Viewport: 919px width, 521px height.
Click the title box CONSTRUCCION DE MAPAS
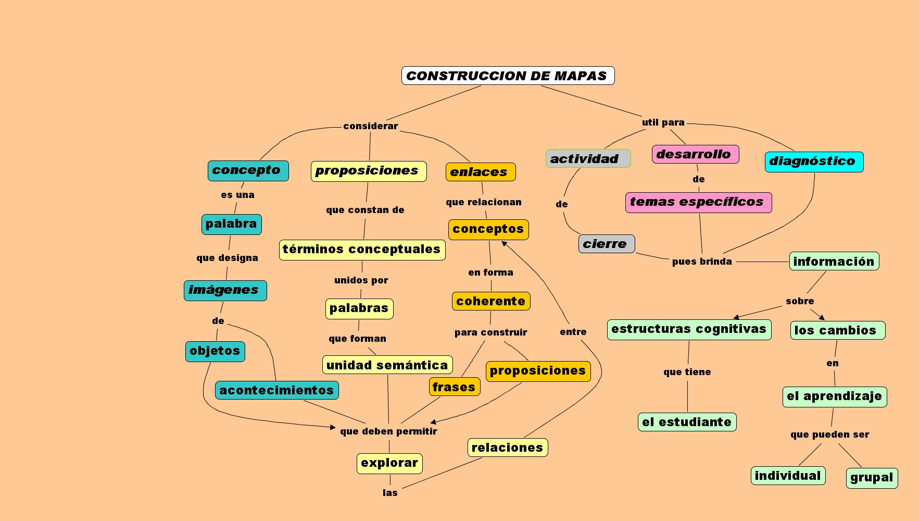click(508, 76)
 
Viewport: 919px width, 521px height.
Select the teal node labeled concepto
click(248, 171)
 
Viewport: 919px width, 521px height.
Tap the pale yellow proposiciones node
click(368, 171)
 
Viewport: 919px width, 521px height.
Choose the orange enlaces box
click(480, 172)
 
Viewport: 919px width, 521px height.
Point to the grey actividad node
click(588, 158)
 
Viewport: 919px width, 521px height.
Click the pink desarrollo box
click(695, 154)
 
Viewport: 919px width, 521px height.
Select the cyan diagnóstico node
click(814, 162)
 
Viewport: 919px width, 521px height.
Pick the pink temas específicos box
click(698, 202)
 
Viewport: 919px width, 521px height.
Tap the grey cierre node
click(606, 244)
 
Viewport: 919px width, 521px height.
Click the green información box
click(834, 261)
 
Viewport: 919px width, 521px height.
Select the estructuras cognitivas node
click(689, 329)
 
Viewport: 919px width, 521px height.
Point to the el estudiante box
click(687, 422)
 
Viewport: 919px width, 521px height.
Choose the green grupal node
click(872, 478)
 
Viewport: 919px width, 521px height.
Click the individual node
click(788, 476)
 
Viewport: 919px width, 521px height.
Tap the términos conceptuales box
click(362, 250)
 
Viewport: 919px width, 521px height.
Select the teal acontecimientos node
click(276, 390)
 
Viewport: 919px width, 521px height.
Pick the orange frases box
click(455, 387)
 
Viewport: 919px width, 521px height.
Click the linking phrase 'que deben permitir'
click(388, 431)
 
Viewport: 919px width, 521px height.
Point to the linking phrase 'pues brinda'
click(702, 262)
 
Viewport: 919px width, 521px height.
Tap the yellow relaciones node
click(507, 448)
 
